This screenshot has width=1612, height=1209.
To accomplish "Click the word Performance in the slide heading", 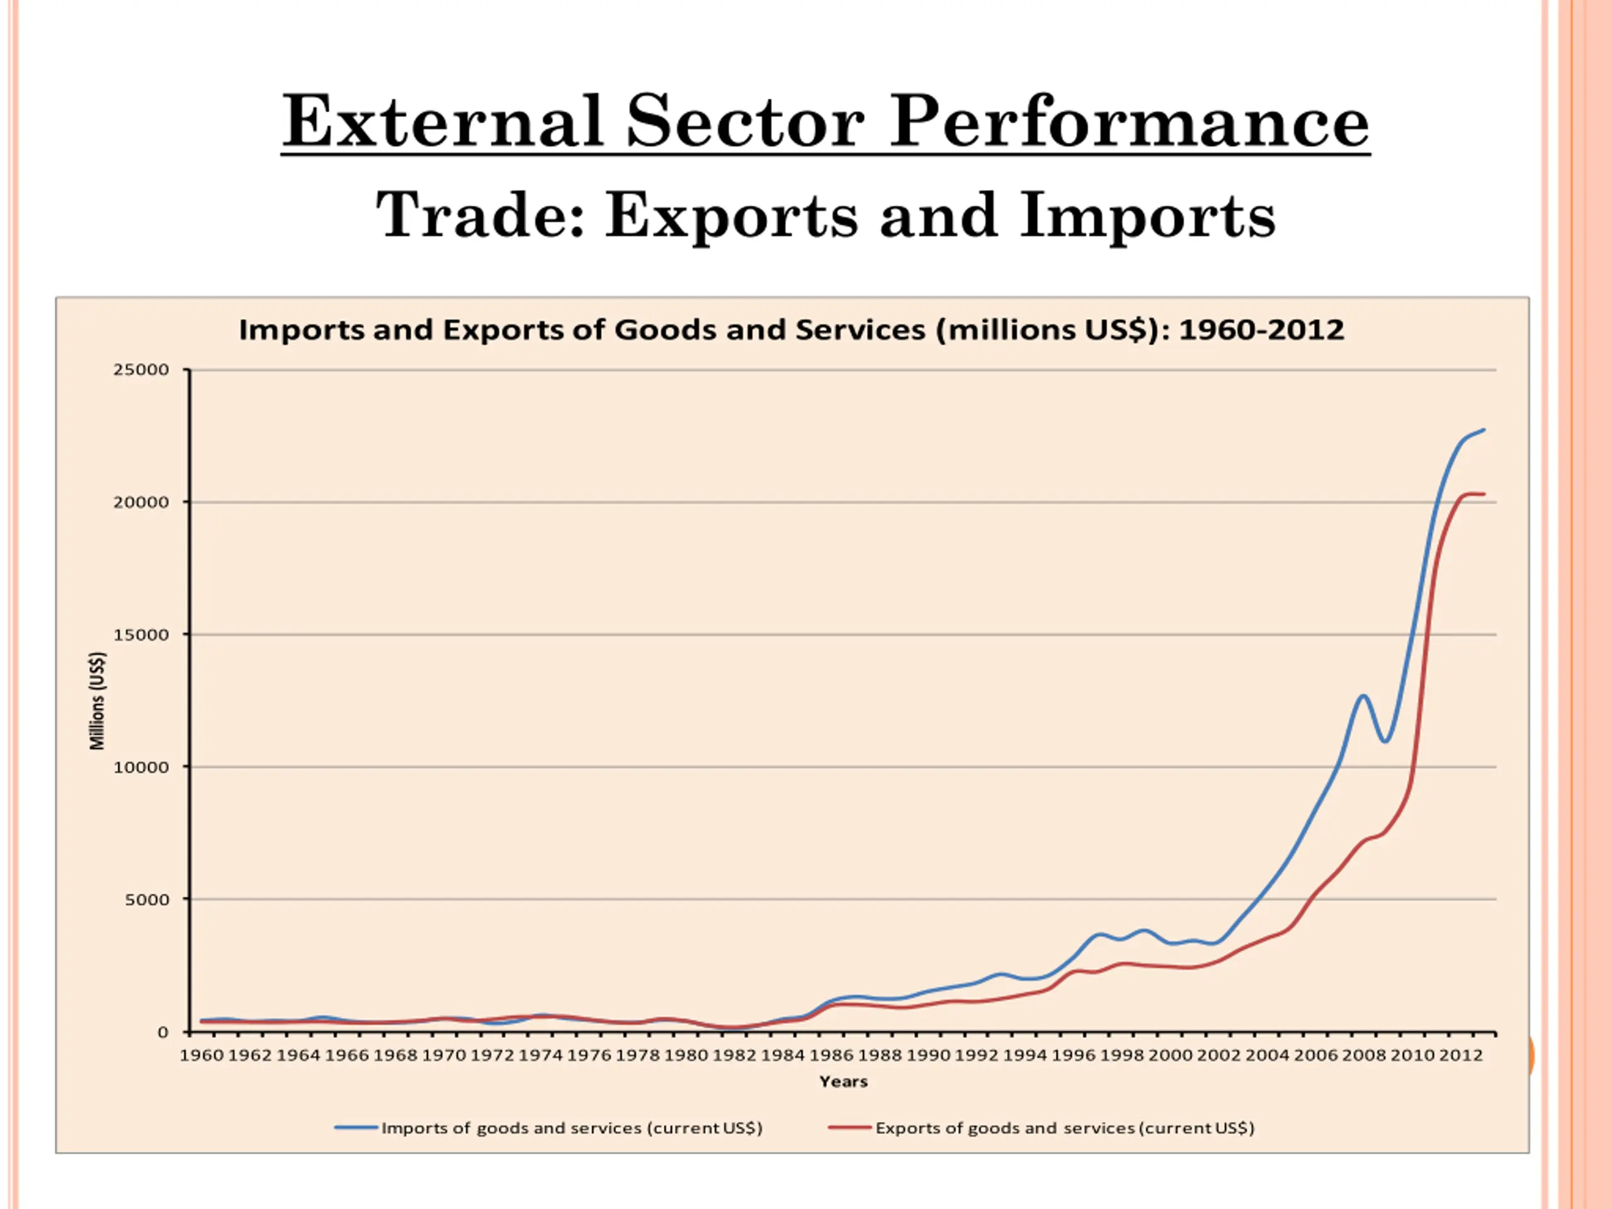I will point(1129,122).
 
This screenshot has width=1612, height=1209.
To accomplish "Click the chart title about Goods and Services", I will point(792,330).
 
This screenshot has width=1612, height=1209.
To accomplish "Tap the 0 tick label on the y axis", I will point(162,1032).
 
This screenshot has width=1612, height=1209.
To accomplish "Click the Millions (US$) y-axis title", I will point(97,700).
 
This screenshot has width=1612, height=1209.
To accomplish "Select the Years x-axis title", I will point(843,1081).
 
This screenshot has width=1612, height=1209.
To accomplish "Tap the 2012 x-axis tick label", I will point(1460,1055).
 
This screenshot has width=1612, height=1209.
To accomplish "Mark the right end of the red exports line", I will point(1484,494).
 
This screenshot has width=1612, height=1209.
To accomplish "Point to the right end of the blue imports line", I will point(1484,430).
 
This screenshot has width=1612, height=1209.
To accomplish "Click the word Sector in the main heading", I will point(746,122).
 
